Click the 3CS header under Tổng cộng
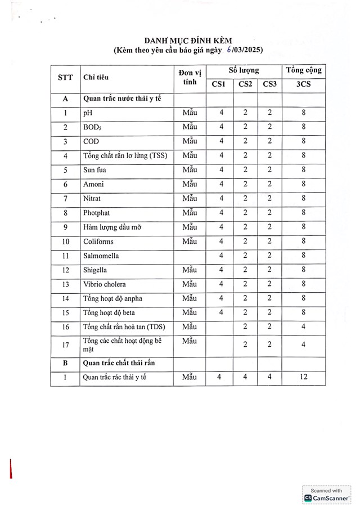[303, 84]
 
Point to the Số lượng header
[244, 70]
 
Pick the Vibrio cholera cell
[104, 284]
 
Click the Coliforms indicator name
[98, 241]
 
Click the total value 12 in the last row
[304, 377]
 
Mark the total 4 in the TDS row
[304, 326]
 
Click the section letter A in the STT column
[65, 99]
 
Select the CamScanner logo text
[327, 498]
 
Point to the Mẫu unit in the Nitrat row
[190, 198]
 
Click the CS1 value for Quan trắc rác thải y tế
[219, 377]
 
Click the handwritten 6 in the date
[229, 50]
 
